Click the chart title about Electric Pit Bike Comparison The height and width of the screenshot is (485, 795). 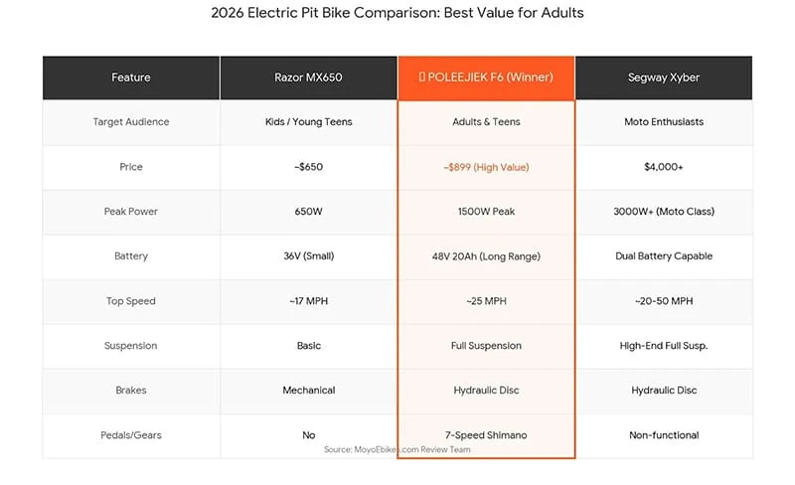pos(397,14)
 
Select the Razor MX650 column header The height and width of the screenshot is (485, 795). pos(308,78)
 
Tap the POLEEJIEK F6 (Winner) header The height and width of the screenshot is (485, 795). pos(486,78)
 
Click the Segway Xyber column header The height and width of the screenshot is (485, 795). pos(663,78)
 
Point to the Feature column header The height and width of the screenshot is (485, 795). pos(131,78)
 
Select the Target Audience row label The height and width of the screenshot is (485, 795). pos(131,122)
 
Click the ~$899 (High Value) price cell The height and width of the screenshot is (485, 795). pos(486,167)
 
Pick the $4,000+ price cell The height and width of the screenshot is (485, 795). pos(663,167)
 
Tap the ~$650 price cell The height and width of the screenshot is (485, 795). pos(308,167)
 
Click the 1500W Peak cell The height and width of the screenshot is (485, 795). pos(486,212)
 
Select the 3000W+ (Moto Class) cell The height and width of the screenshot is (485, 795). pos(663,212)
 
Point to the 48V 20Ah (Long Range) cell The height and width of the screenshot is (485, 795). pos(486,256)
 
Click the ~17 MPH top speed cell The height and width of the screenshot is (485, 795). pos(308,301)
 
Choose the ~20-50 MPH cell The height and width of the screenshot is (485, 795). pos(663,301)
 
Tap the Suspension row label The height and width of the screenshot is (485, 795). pos(131,346)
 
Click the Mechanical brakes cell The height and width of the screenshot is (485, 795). pos(308,391)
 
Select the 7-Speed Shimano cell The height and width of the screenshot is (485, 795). pos(486,434)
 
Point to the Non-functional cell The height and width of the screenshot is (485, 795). pos(663,434)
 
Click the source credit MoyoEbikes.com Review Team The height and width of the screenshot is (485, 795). pos(397,450)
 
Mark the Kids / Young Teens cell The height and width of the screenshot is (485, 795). pos(308,122)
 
